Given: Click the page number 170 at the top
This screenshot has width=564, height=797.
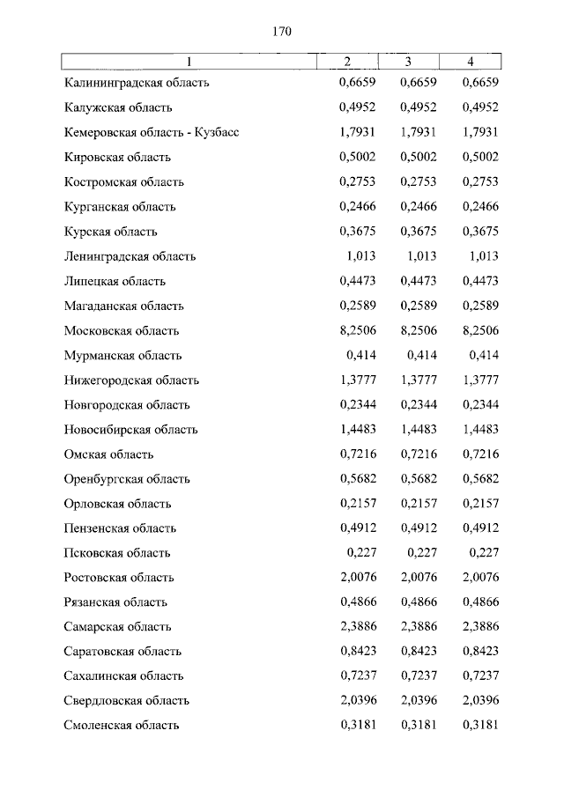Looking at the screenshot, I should pyautogui.click(x=282, y=32).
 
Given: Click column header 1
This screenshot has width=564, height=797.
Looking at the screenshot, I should pyautogui.click(x=189, y=61).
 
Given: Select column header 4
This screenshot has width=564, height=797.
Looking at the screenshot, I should pyautogui.click(x=471, y=61).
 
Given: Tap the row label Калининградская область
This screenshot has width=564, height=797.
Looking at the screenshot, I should pyautogui.click(x=136, y=83).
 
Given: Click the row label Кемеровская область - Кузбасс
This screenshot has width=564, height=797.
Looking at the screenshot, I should pyautogui.click(x=152, y=133).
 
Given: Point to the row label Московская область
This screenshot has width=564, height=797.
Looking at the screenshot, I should pyautogui.click(x=122, y=331).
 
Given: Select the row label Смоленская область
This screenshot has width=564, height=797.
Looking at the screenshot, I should pyautogui.click(x=122, y=726).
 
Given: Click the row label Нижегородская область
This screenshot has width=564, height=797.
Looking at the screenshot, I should pyautogui.click(x=131, y=380).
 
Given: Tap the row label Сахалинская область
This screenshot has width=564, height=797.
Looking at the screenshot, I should pyautogui.click(x=123, y=676).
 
